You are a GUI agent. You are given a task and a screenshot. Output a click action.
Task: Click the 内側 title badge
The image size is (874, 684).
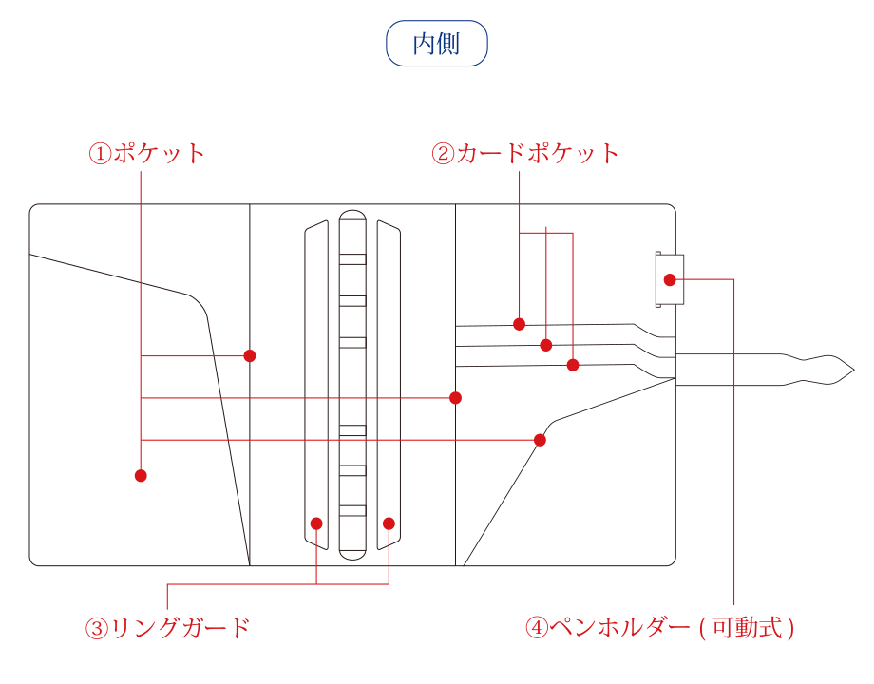click(437, 44)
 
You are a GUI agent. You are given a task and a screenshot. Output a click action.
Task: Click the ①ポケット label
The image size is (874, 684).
click(147, 154)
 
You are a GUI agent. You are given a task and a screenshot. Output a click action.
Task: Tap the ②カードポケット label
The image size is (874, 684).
click(525, 154)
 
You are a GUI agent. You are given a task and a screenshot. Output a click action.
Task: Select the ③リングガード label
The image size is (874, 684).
click(167, 628)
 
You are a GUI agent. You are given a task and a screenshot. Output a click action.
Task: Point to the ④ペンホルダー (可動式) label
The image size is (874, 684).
click(660, 628)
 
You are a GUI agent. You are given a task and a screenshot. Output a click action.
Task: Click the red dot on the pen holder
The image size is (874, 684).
click(670, 279)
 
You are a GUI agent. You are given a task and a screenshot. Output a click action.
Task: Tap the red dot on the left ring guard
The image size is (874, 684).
click(316, 523)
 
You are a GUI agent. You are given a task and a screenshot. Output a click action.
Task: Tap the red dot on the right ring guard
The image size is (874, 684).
click(389, 523)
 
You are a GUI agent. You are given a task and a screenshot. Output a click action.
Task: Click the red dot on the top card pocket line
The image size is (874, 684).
click(519, 324)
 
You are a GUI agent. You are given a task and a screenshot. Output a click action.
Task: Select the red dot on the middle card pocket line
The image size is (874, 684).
click(546, 345)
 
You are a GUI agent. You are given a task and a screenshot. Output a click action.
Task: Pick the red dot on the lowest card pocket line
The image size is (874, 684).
click(573, 365)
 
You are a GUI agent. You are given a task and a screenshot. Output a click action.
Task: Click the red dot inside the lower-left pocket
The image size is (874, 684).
click(141, 475)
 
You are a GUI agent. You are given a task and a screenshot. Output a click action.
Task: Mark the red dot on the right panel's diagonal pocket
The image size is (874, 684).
click(540, 440)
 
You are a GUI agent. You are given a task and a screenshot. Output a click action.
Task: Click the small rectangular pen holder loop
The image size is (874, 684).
click(669, 279)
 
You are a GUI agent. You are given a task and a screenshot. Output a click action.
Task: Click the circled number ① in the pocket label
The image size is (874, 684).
click(100, 154)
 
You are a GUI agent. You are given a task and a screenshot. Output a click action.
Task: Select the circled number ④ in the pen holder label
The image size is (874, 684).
click(538, 628)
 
